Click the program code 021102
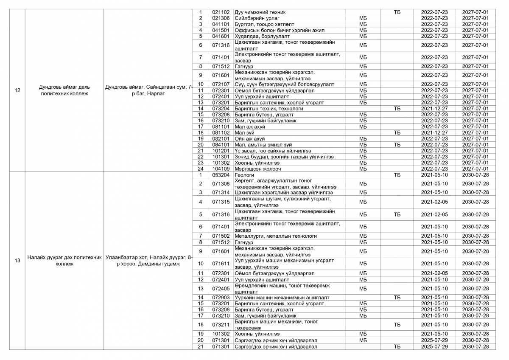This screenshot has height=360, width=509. [221, 12]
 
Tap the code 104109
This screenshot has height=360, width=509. [221, 169]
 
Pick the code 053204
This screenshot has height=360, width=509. [221, 175]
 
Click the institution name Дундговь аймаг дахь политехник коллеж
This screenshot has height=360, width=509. [64, 90]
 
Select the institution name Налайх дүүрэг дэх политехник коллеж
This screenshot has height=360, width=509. [64, 261]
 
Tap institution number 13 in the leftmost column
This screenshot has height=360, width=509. [17, 261]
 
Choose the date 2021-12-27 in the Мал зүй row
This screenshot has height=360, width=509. [434, 132]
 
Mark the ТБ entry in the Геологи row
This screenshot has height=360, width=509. [397, 175]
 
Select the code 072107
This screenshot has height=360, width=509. [221, 84]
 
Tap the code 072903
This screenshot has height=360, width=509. [221, 297]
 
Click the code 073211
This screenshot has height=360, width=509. [221, 325]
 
